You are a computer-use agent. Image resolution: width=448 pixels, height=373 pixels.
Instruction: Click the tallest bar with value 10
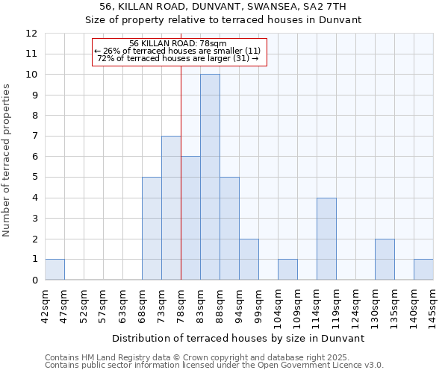pos(210,177)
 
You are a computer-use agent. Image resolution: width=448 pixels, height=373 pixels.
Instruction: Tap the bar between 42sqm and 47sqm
pos(55,269)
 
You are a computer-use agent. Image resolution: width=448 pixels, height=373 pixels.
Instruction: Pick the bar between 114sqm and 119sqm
pos(326,239)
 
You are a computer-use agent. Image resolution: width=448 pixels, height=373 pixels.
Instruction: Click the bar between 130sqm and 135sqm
pos(385,260)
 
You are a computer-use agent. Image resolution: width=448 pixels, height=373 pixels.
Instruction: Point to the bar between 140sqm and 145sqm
pos(423,269)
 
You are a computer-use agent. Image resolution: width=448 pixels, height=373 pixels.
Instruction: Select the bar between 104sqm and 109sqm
pos(287,269)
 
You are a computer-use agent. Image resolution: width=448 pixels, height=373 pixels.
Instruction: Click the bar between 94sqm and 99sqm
pos(249,260)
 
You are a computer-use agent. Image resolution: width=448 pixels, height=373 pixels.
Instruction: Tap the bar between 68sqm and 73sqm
pos(152,228)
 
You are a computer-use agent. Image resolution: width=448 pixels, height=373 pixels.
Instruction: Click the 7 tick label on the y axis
pos(34,137)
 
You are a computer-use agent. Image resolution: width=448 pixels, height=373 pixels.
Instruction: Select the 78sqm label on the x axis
pos(181,304)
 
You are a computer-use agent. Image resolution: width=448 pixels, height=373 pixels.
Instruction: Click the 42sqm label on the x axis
pos(45,304)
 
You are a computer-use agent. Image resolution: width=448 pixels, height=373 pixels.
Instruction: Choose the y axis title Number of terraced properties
pos(7,160)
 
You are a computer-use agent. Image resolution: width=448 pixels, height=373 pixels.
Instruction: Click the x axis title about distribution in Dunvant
pos(238,338)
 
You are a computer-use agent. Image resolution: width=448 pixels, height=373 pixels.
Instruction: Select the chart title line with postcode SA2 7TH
pos(223,7)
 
